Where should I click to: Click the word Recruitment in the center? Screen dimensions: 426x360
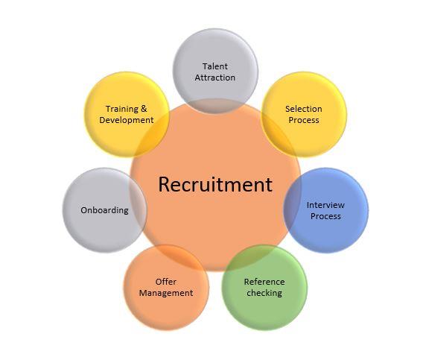(215, 184)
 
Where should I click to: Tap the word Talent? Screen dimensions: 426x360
(215, 66)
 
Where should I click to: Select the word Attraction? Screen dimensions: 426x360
(215, 78)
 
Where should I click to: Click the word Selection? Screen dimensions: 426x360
(303, 109)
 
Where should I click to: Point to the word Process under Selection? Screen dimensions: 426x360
(304, 120)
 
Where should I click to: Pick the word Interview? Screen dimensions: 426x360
(325, 205)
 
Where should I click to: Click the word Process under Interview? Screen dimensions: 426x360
(325, 216)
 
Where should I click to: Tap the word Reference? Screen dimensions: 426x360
(264, 282)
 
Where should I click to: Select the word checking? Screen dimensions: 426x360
(264, 293)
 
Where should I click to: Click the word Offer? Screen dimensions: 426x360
(166, 282)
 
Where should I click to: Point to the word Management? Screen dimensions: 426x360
(166, 293)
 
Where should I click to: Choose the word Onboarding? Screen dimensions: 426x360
(104, 210)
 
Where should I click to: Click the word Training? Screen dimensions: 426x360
(122, 109)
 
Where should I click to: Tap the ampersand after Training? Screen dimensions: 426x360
(144, 109)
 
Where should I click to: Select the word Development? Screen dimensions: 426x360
(127, 120)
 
